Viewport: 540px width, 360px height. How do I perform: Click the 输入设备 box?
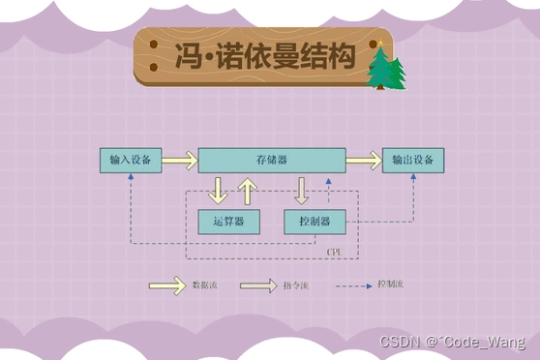[131, 160]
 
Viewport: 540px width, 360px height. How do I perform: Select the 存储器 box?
[273, 160]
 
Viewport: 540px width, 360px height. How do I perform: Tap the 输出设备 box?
[413, 160]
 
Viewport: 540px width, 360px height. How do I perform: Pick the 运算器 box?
[227, 222]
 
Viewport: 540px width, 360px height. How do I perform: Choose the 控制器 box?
[315, 222]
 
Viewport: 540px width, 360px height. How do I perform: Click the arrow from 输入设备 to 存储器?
[179, 160]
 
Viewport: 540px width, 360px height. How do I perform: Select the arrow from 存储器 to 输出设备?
[364, 160]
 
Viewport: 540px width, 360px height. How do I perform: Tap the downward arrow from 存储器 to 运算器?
[218, 191]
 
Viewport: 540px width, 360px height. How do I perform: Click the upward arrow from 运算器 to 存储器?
[247, 191]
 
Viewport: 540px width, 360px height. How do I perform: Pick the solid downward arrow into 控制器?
[302, 191]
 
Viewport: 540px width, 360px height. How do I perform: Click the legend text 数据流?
[205, 286]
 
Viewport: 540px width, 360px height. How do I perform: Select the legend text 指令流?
[295, 286]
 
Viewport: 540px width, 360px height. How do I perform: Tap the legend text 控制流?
[391, 286]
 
